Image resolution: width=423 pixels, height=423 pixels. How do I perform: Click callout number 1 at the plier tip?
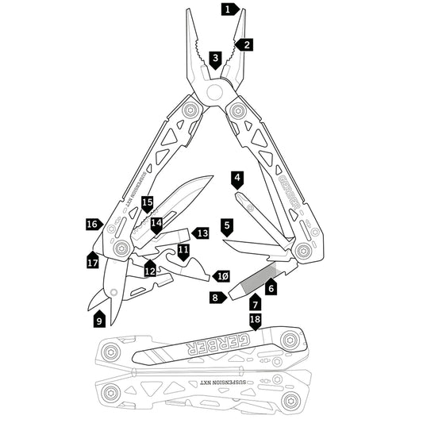click(228, 10)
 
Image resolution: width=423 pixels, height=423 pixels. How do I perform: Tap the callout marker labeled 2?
click(247, 44)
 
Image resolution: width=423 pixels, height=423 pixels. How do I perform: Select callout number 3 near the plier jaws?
click(215, 59)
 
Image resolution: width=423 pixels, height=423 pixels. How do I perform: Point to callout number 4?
click(238, 177)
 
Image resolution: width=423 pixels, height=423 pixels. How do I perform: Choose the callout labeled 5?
click(227, 226)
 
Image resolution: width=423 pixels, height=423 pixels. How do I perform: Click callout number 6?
click(271, 288)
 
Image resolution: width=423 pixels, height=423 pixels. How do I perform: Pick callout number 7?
click(255, 303)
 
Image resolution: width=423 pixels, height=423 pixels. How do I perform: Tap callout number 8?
click(214, 297)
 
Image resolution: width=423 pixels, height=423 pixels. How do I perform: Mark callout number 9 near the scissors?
click(99, 320)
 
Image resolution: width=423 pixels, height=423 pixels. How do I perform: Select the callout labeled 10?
click(223, 275)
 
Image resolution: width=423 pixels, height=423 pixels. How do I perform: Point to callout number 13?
click(202, 233)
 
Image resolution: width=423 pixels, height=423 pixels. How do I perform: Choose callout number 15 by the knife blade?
click(147, 203)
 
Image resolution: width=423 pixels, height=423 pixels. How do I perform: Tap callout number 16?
click(92, 225)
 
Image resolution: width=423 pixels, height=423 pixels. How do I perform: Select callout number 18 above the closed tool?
click(255, 320)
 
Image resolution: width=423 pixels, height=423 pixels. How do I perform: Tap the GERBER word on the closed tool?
click(212, 347)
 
